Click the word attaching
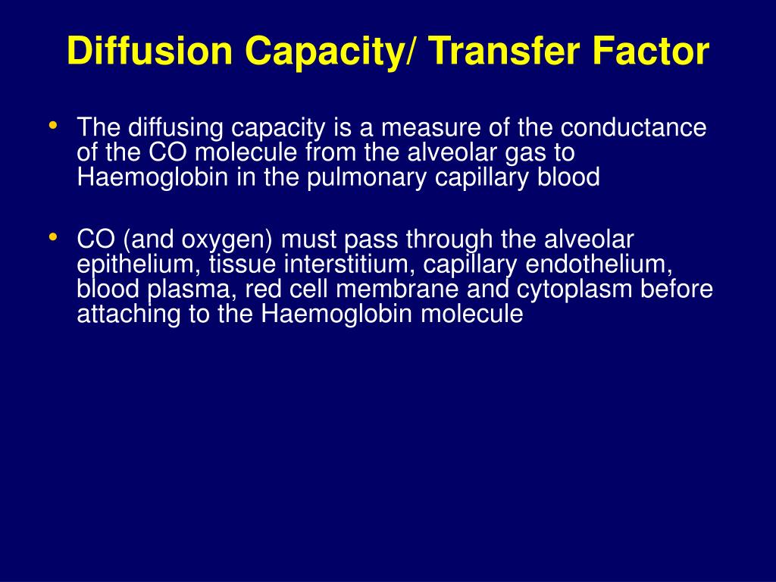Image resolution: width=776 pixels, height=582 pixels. point(126,314)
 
